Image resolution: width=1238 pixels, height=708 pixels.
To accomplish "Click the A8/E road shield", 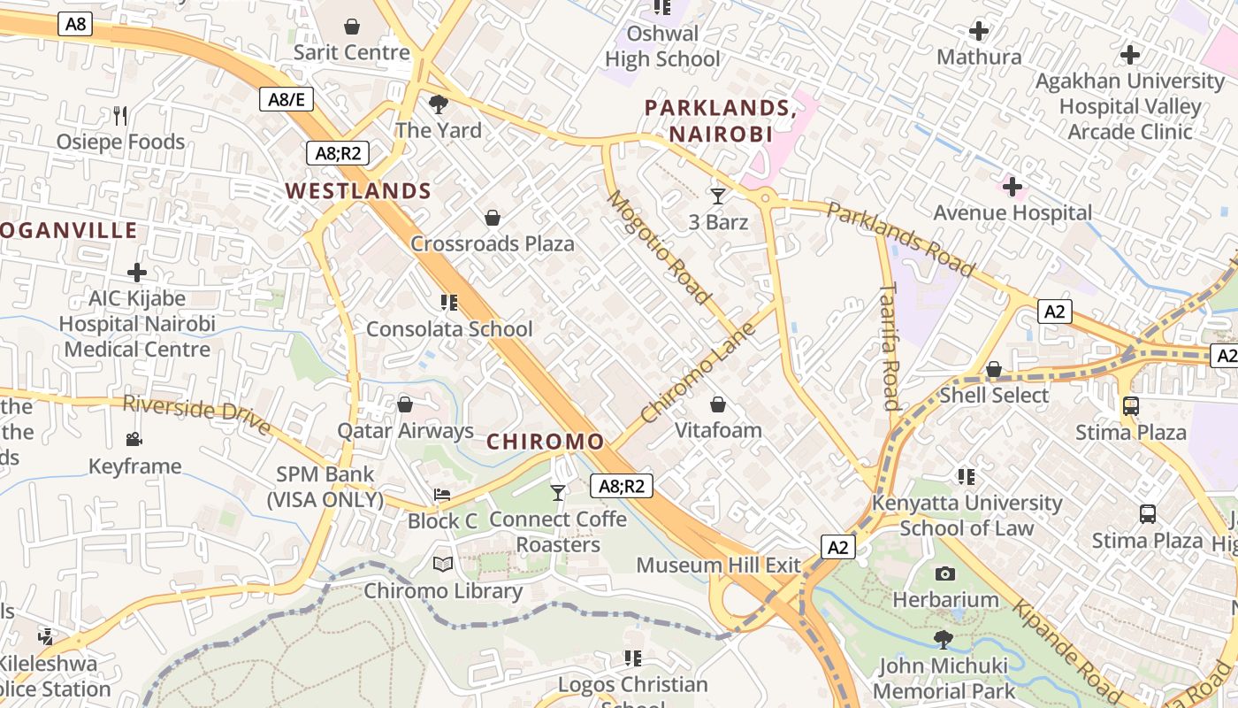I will pos(287,99).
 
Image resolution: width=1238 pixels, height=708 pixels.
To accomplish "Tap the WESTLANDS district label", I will pos(358,191).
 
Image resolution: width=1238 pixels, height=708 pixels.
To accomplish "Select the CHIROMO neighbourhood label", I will pos(546,442).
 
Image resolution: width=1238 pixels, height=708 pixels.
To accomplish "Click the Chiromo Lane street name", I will pos(698,373).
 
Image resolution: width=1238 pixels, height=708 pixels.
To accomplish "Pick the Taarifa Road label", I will pos(890,346).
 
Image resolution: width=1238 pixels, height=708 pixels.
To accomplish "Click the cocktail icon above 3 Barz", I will pos(718,196).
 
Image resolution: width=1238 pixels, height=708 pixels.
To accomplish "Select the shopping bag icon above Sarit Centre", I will pos(352,27).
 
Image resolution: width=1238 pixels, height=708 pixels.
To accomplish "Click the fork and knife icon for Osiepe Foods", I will pos(121,115).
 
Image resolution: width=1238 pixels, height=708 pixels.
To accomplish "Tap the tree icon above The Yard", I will pos(438,104).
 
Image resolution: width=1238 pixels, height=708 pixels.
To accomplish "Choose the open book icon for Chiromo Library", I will pos(443,564).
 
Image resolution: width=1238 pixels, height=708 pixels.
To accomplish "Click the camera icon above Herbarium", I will pos(945,573).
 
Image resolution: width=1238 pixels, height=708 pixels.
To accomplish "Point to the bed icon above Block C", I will pos(442,495).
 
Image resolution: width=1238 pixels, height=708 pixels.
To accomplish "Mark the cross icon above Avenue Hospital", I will pos(1013,187).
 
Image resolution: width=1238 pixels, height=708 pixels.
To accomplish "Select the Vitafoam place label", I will pos(718,431).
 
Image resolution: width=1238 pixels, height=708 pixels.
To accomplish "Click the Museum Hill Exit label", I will pos(718,566).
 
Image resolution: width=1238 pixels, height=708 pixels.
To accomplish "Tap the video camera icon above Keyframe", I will pos(134,440).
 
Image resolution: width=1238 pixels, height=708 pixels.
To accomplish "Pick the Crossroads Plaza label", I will pos(493,244).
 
